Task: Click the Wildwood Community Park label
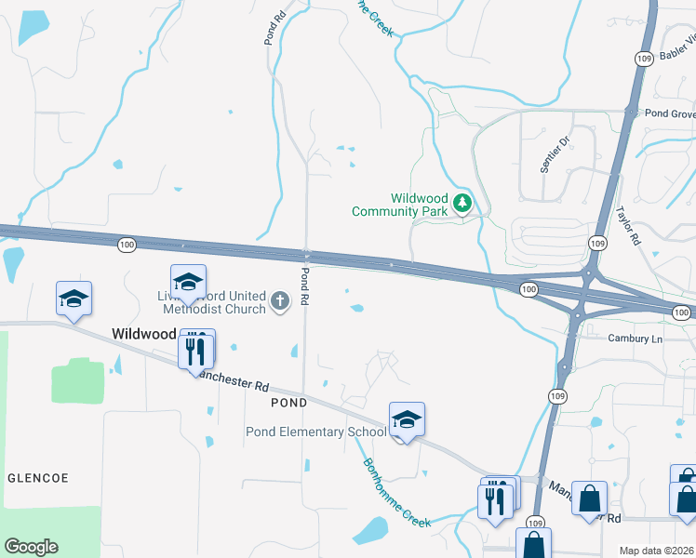[400, 205]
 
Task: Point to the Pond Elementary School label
[315, 432]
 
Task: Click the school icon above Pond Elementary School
[407, 419]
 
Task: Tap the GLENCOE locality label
[38, 477]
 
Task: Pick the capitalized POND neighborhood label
[288, 403]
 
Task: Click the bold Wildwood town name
[143, 333]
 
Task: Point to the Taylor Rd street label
[629, 225]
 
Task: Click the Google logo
[31, 547]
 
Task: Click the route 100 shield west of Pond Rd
[127, 244]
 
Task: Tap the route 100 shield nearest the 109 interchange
[529, 290]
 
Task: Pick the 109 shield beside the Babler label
[643, 59]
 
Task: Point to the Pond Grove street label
[670, 113]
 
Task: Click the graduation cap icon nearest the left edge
[74, 298]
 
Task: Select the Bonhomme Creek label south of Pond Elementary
[396, 494]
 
